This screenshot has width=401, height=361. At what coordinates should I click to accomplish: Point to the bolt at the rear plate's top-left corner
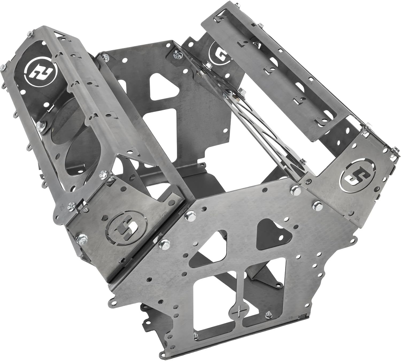click(x=103, y=57)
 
